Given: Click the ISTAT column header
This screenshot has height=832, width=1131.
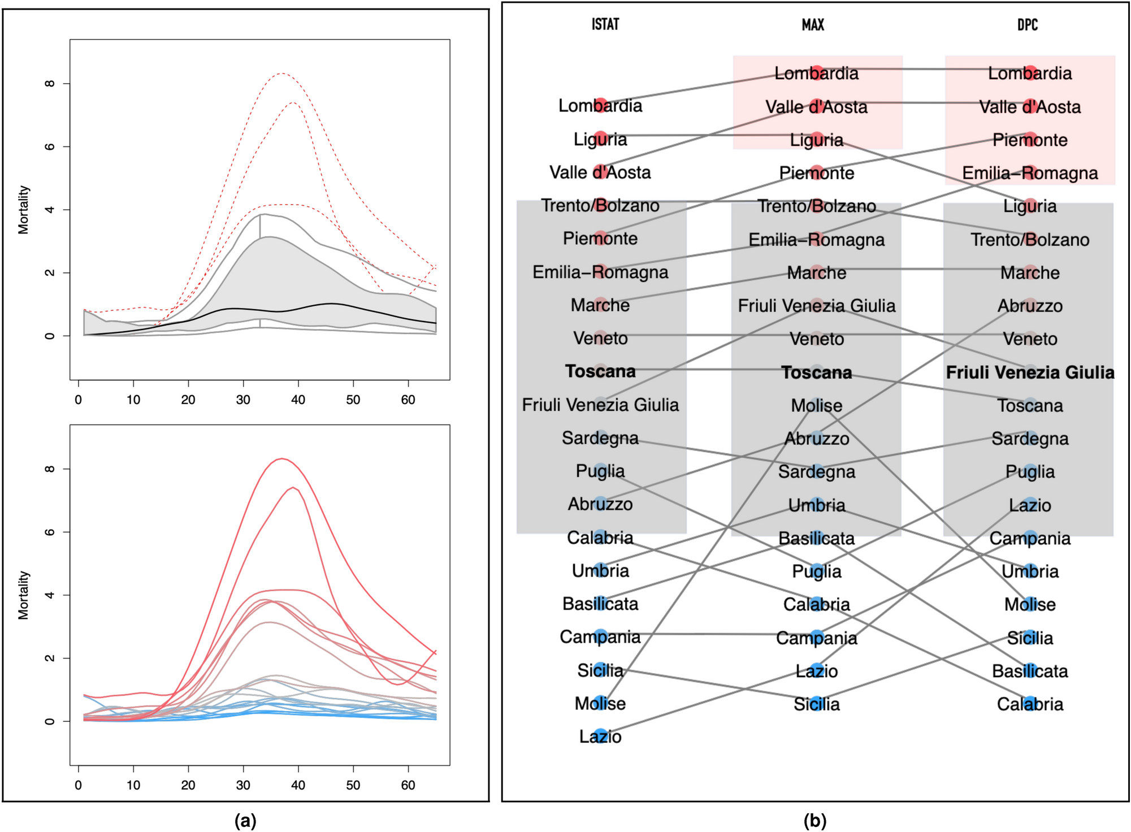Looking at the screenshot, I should [x=605, y=24].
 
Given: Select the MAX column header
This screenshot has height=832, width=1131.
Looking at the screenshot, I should [x=813, y=24].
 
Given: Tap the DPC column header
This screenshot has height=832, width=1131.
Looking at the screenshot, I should [x=1027, y=24].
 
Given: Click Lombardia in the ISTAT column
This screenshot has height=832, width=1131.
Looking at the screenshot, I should [x=600, y=106].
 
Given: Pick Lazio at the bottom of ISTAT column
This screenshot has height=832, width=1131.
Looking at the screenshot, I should [x=600, y=736].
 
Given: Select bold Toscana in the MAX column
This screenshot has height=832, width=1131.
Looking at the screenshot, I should [x=816, y=372].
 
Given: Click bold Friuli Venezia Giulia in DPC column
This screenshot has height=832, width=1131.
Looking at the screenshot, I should [x=1030, y=372].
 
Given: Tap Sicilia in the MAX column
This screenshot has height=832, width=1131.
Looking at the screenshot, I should [x=816, y=704].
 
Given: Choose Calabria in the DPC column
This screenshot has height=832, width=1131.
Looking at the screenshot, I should [x=1030, y=704].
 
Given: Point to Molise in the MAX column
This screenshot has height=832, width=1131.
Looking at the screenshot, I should [x=816, y=405].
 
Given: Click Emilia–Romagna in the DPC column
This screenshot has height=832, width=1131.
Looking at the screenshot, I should [x=1030, y=173].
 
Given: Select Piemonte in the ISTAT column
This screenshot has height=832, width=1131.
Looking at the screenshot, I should [x=600, y=239].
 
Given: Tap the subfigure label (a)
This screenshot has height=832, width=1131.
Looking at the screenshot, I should [x=245, y=820].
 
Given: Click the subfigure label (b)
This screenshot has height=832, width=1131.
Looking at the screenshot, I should [x=814, y=820].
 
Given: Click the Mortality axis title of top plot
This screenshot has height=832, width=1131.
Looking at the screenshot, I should [x=23, y=209].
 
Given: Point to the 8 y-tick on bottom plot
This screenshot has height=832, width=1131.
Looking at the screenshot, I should [x=50, y=469].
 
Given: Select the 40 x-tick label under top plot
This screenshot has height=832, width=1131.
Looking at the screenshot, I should [x=298, y=400].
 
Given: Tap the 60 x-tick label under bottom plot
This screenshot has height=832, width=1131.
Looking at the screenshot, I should [x=408, y=785].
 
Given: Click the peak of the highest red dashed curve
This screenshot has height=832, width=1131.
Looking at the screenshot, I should [x=281, y=73].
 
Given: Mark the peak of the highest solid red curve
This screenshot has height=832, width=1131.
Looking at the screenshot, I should [x=281, y=458].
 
